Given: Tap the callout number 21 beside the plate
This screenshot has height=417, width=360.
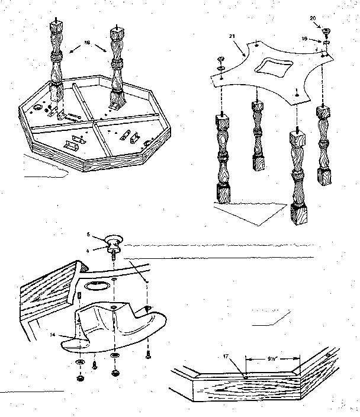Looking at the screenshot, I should (232, 37).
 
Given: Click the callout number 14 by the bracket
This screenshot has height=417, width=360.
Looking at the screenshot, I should (53, 335).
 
